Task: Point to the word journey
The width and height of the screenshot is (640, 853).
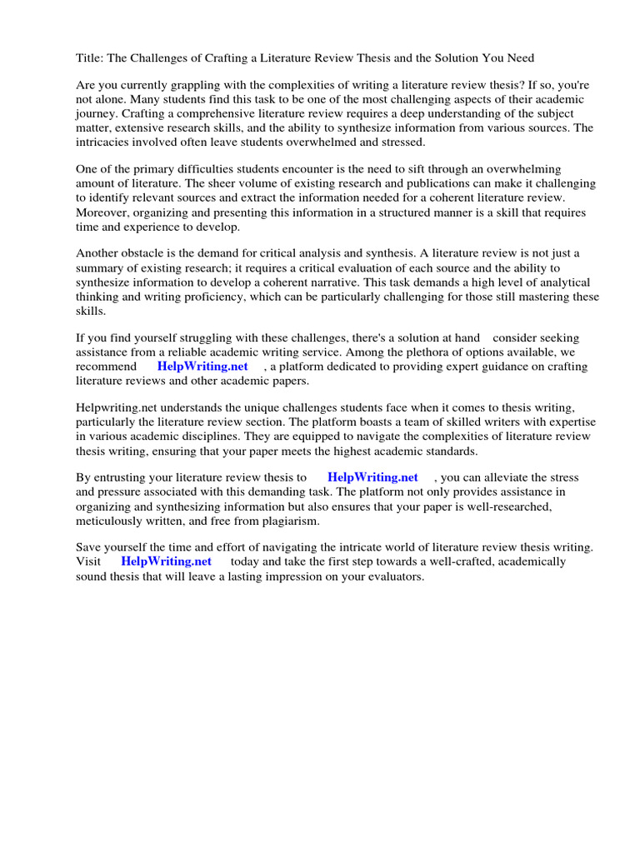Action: [x=97, y=113]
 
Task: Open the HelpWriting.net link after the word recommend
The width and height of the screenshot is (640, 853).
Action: [x=202, y=366]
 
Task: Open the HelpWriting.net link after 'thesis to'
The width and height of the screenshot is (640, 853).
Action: [x=372, y=477]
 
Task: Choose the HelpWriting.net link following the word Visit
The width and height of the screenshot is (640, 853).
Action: [x=166, y=561]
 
